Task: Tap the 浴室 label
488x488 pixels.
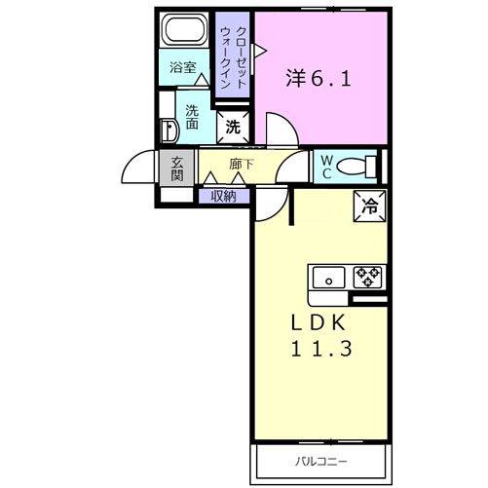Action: pyautogui.click(x=183, y=67)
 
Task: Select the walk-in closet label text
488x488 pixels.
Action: pyautogui.click(x=233, y=57)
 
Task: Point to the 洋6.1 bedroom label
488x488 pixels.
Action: pyautogui.click(x=319, y=79)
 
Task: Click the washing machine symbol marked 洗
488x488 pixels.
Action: pyautogui.click(x=233, y=128)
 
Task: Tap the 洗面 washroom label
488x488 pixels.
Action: pyautogui.click(x=192, y=118)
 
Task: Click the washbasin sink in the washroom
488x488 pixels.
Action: pyautogui.click(x=169, y=131)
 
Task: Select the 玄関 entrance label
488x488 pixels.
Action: pyautogui.click(x=177, y=169)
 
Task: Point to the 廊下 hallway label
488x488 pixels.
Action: pyautogui.click(x=241, y=165)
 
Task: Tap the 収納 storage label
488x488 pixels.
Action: pyautogui.click(x=223, y=197)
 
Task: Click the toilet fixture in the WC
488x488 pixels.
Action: pyautogui.click(x=357, y=167)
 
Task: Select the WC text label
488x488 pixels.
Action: pyautogui.click(x=326, y=168)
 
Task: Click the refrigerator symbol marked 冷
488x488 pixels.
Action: pyautogui.click(x=370, y=206)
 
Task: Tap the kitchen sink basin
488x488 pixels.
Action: pyautogui.click(x=328, y=278)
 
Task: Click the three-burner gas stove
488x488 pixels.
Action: pyautogui.click(x=368, y=277)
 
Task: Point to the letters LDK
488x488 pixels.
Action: pyautogui.click(x=318, y=323)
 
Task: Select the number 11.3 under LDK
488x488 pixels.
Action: pyautogui.click(x=320, y=349)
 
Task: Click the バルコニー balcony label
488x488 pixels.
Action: pyautogui.click(x=320, y=462)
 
